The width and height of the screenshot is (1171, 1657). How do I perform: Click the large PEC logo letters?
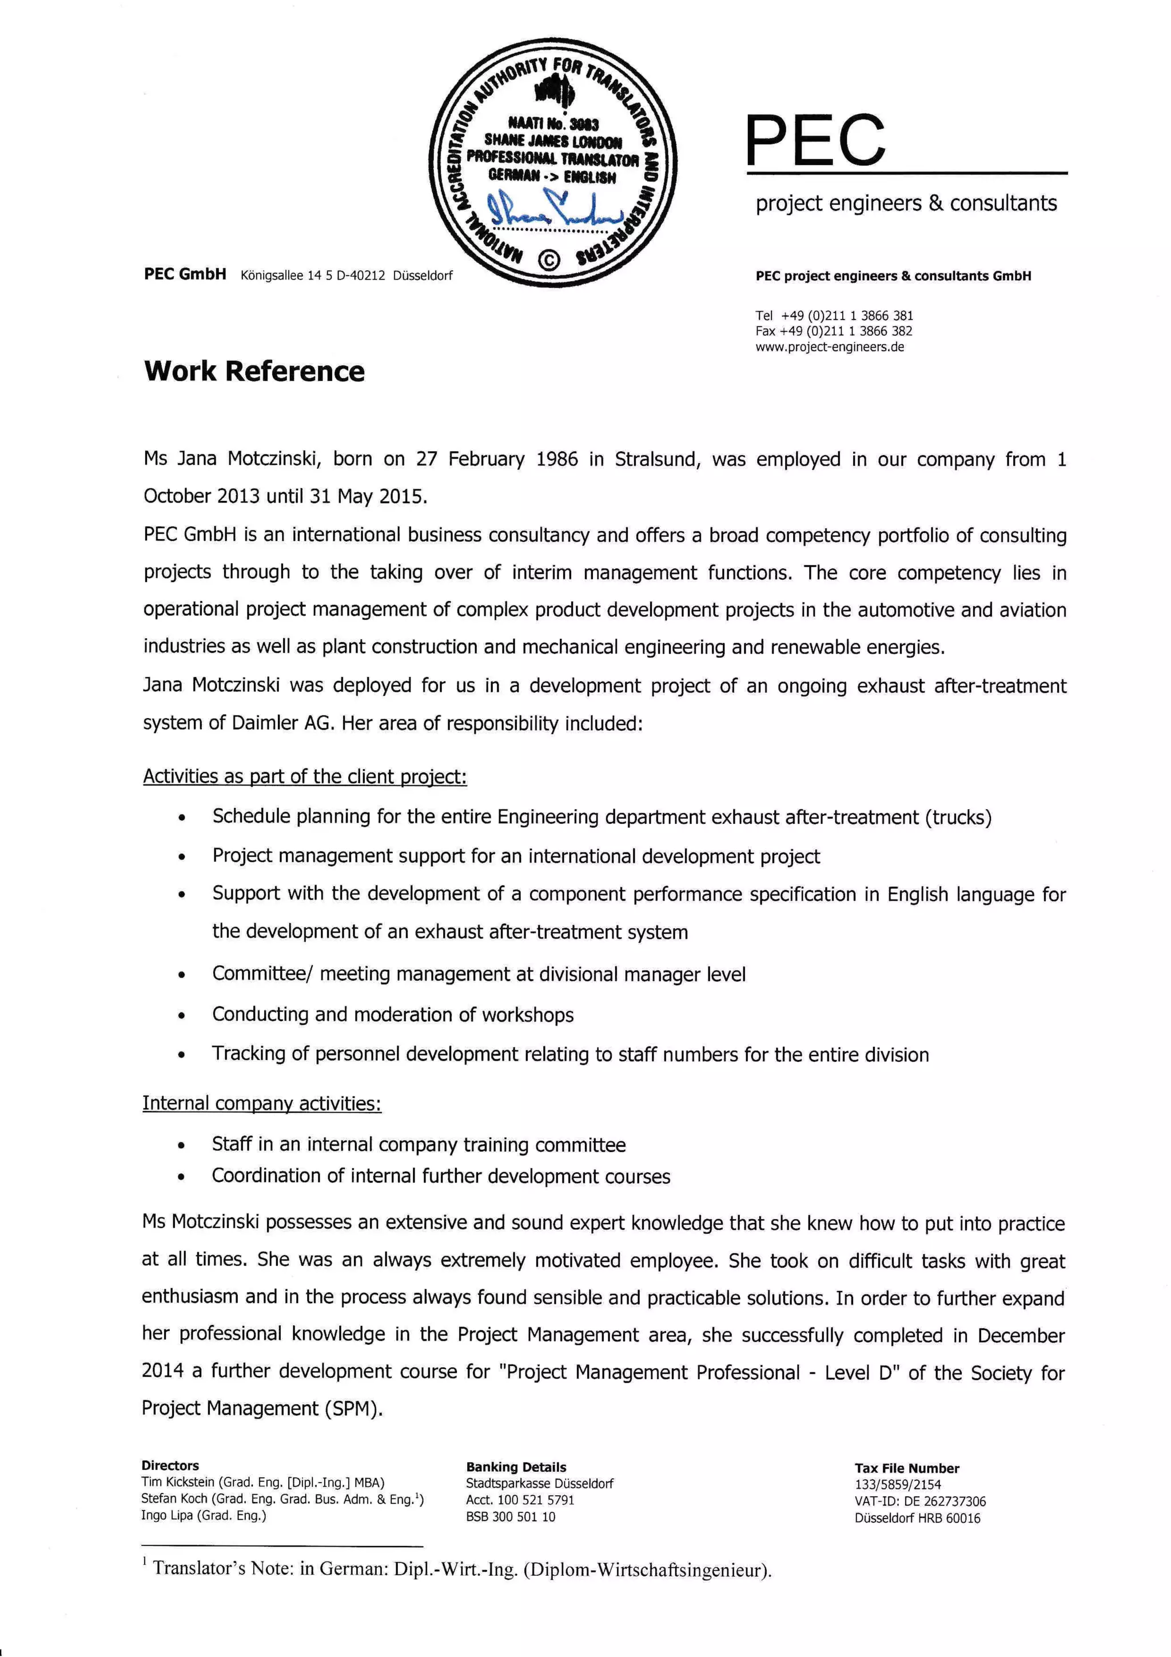click(815, 140)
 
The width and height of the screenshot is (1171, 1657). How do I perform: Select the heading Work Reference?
click(254, 371)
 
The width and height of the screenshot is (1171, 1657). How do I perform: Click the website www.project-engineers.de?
click(830, 347)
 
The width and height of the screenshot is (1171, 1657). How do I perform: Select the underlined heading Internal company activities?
click(261, 1104)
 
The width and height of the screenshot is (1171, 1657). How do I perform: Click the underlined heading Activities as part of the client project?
click(305, 776)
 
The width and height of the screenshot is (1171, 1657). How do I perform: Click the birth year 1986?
click(557, 460)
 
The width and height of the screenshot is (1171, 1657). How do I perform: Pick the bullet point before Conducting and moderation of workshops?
click(182, 1016)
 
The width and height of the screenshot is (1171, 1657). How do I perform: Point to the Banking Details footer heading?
click(516, 1467)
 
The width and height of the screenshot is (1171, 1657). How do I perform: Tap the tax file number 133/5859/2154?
click(898, 1484)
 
